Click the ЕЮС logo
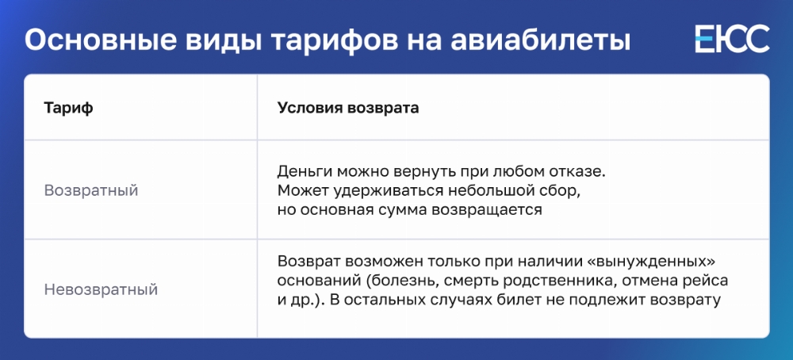pos(732,39)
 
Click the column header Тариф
pos(68,109)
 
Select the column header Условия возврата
pos(348,108)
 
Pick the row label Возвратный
pos(91,191)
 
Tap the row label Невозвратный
pos(102,289)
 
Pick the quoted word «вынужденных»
pos(667,262)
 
